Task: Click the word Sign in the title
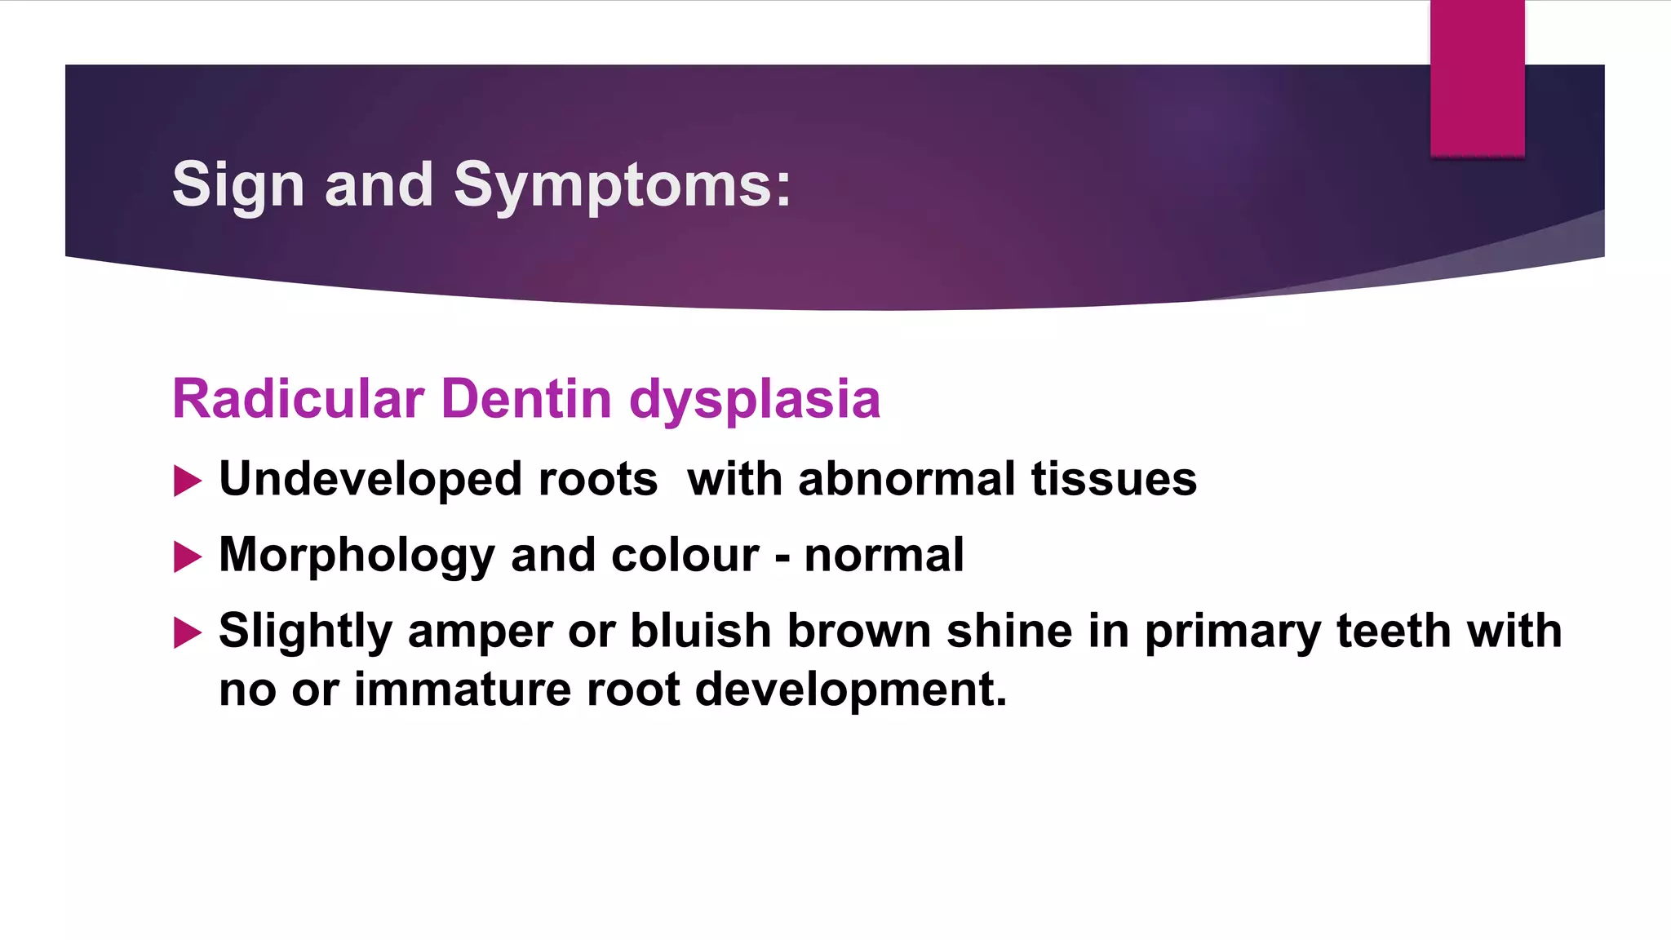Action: pos(238,186)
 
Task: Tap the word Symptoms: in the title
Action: pos(622,186)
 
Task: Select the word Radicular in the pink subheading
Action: pos(298,399)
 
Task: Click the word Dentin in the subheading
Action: pos(526,399)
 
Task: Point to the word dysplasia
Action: pos(755,401)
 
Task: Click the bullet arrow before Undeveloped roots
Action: pos(188,481)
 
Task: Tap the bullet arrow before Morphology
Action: pos(188,557)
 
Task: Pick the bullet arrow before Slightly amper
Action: pos(188,633)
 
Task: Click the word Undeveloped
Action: pos(370,479)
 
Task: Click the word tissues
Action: pos(1114,479)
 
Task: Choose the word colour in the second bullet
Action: pos(685,556)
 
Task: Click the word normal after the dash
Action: pos(884,556)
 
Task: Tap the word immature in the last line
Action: pos(463,689)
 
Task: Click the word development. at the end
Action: pos(851,689)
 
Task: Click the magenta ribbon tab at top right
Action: pos(1477,78)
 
